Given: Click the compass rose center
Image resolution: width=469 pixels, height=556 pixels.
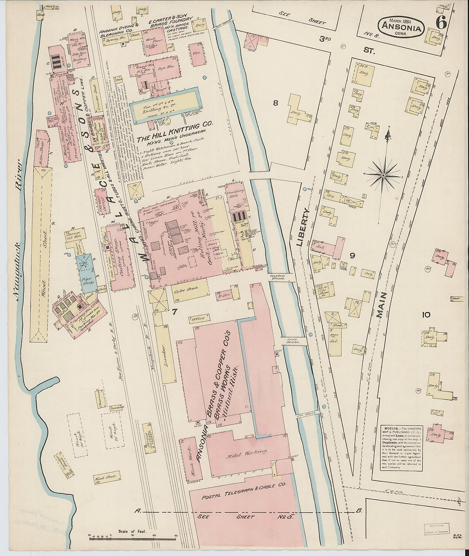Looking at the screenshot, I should [x=383, y=175].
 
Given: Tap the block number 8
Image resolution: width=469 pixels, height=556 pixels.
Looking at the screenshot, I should [x=275, y=103].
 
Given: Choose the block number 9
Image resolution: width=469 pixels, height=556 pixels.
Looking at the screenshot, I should [x=352, y=256].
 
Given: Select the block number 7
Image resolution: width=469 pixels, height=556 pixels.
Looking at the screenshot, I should [x=174, y=312].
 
